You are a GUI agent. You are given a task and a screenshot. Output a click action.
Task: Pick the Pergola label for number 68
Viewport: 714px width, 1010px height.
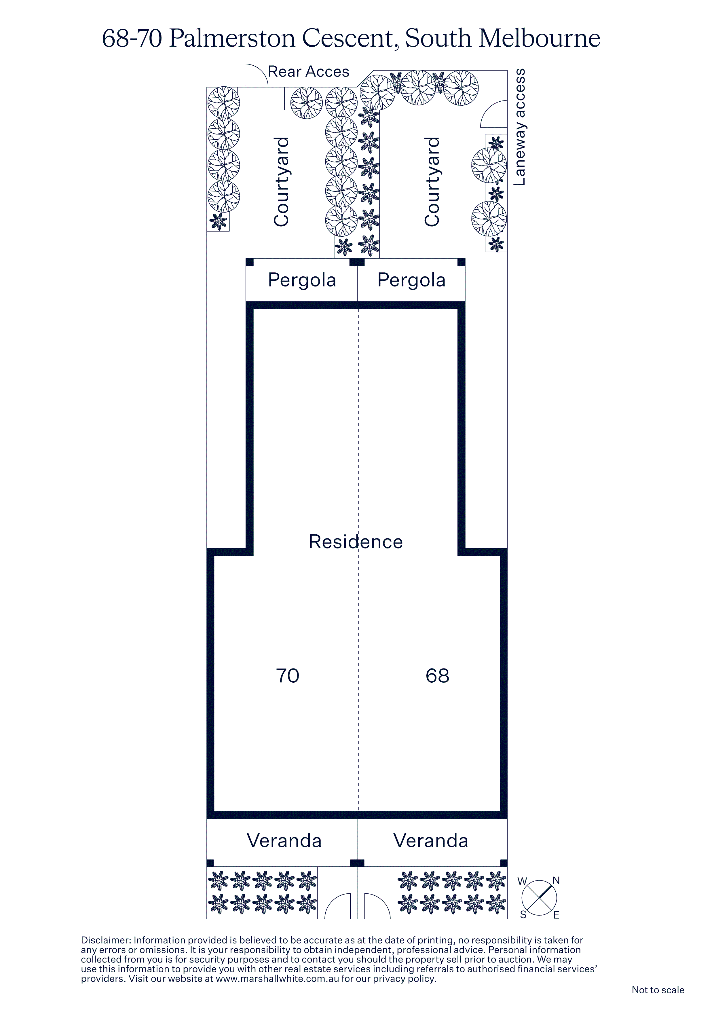[x=411, y=280]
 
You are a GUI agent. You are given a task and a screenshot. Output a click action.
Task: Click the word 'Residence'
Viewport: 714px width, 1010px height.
[x=356, y=542]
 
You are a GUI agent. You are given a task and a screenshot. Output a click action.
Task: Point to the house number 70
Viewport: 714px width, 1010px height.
[x=288, y=676]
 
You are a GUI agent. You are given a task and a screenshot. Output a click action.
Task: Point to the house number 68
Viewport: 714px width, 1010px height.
[x=437, y=676]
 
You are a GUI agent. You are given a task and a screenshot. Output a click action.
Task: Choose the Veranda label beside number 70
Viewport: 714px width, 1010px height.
[x=284, y=841]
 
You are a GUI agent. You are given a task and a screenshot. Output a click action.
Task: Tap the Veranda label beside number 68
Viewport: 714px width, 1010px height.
[x=431, y=841]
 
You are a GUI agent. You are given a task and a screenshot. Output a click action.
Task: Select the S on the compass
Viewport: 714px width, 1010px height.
[x=523, y=915]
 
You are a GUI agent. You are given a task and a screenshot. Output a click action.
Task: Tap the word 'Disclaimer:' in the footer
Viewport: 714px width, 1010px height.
[x=106, y=940]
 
